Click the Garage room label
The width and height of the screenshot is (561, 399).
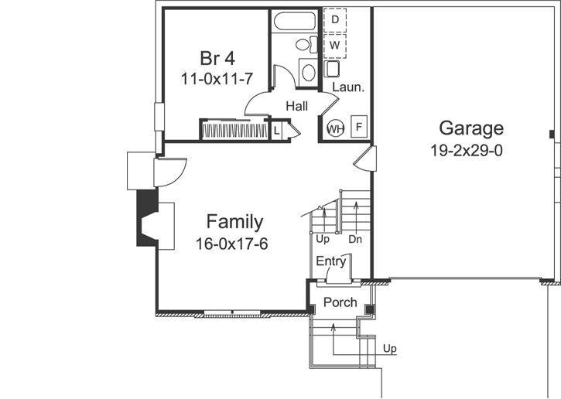tap(471, 128)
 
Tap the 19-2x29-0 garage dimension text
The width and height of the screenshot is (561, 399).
tap(467, 150)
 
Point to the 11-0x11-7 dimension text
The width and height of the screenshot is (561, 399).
tap(217, 78)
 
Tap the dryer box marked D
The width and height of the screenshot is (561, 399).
tap(335, 19)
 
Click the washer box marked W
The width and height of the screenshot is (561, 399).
tap(335, 46)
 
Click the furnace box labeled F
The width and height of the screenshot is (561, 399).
tap(359, 126)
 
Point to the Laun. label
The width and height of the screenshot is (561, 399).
tap(347, 87)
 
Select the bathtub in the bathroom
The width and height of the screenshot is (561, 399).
tap(296, 21)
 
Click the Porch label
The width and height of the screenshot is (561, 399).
tap(340, 302)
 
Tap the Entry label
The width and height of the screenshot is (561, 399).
tap(330, 261)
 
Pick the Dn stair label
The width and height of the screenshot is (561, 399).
tap(355, 240)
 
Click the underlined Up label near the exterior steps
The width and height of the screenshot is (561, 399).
tap(390, 349)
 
